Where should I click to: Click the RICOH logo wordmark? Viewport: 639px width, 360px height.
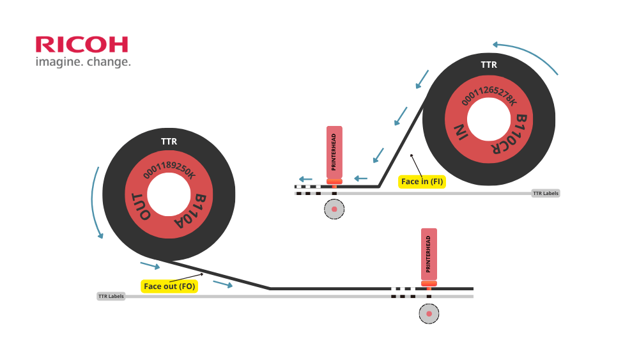click(x=82, y=44)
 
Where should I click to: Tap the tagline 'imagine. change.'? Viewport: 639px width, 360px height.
click(x=83, y=62)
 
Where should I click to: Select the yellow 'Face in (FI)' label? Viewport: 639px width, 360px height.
click(x=422, y=182)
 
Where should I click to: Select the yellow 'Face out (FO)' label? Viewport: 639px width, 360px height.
click(x=169, y=286)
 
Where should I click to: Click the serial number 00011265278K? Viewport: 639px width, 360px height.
click(x=488, y=96)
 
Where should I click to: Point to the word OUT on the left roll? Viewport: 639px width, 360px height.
click(x=141, y=206)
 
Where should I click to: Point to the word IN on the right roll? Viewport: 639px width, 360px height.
click(x=461, y=132)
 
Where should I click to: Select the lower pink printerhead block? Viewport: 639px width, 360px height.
click(x=429, y=254)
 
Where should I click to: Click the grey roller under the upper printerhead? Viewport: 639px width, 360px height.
click(x=334, y=209)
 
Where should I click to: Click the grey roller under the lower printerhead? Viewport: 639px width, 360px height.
click(x=429, y=313)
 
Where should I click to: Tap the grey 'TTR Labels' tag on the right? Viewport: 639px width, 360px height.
click(x=546, y=193)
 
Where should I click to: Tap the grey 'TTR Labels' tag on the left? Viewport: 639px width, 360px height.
click(x=111, y=296)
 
